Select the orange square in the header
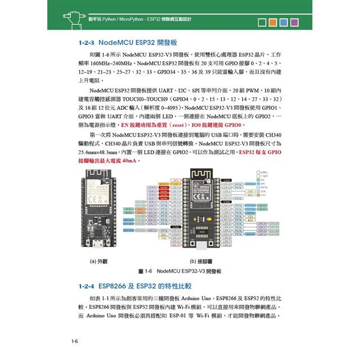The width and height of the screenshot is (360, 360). tap(273, 22)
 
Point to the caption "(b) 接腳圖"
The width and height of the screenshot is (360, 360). tap(201, 261)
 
